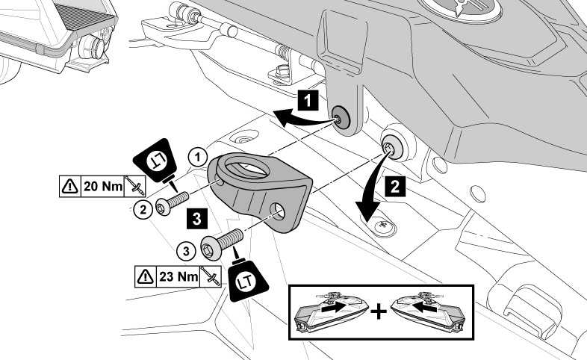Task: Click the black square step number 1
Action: click(310, 98)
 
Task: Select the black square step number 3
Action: click(195, 217)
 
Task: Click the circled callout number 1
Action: click(197, 157)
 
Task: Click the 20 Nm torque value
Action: click(102, 185)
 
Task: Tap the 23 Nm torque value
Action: click(178, 276)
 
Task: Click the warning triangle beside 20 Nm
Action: click(69, 185)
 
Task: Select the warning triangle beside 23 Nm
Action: click(144, 276)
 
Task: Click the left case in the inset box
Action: click(333, 311)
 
